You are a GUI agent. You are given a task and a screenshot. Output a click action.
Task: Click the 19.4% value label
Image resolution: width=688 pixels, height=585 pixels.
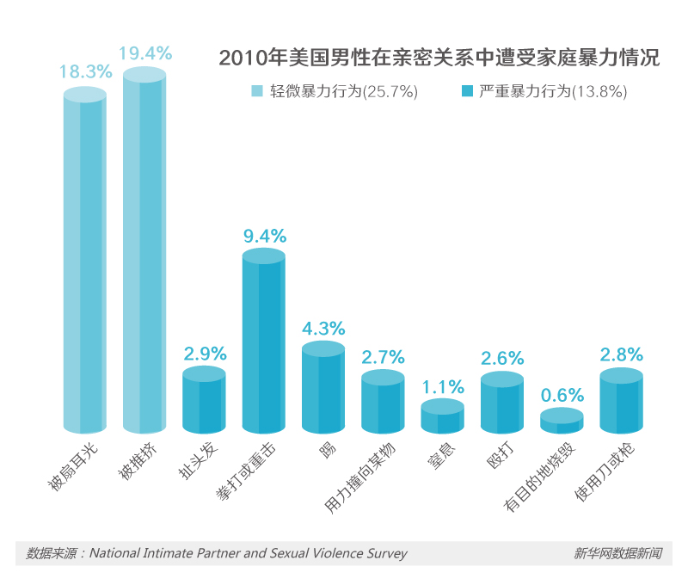coord(145,53)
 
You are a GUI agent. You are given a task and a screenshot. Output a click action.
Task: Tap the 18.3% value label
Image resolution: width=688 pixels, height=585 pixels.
coord(85,72)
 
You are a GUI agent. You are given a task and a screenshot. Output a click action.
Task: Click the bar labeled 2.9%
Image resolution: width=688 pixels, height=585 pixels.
coord(205,402)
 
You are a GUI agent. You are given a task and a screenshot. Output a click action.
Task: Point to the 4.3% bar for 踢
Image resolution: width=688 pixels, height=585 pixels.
coord(323,389)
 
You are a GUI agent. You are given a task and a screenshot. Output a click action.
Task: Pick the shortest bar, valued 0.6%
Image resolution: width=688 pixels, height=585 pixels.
coord(562,421)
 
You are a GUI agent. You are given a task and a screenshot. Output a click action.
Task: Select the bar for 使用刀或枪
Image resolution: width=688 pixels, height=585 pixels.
coord(621,403)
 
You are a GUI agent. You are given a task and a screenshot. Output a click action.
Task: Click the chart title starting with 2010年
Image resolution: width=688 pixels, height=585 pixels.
coord(439,58)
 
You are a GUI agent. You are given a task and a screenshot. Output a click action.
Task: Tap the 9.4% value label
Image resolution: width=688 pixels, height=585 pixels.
coord(264,236)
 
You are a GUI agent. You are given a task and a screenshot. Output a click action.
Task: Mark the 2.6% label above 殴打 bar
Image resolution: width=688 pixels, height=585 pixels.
coord(502,357)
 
